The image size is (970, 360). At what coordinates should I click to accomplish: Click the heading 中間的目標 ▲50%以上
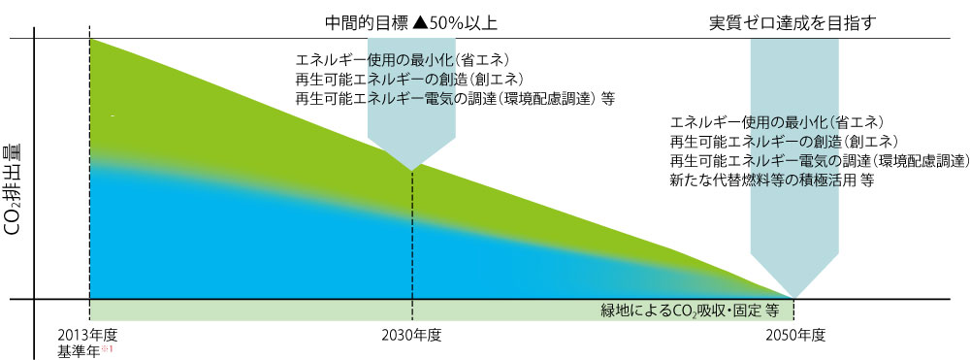[414, 21]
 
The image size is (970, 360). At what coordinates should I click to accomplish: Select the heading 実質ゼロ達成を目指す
[793, 21]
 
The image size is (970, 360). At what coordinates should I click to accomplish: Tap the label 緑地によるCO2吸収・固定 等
[690, 311]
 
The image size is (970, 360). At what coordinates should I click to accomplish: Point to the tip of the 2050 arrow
[794, 297]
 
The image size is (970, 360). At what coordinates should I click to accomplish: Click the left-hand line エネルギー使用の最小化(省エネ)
[404, 58]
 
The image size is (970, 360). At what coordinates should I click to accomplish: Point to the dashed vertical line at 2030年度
[413, 243]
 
